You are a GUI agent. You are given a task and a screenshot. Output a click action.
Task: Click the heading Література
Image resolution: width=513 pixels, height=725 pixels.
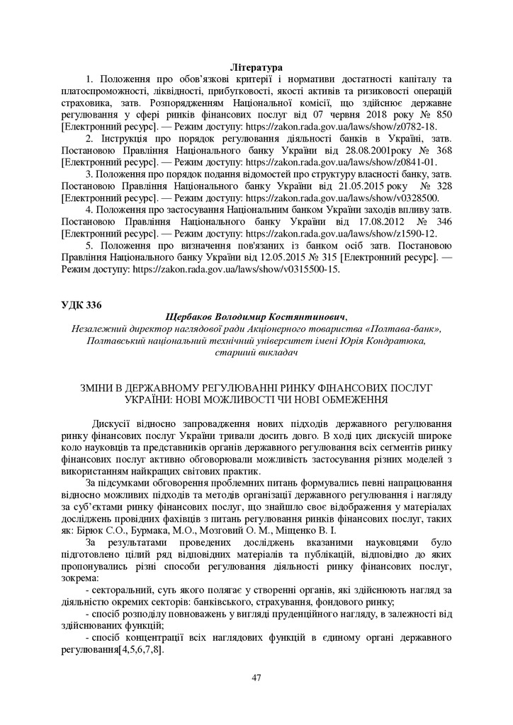coord(256,67)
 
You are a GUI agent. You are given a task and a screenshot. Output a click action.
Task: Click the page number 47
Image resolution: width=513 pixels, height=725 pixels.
coord(256,678)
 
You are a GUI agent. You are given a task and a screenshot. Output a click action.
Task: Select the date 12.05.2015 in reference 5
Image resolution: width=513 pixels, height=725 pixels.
coord(219,258)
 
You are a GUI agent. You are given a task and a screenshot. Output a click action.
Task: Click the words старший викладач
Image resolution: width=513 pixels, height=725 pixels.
coord(256,353)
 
